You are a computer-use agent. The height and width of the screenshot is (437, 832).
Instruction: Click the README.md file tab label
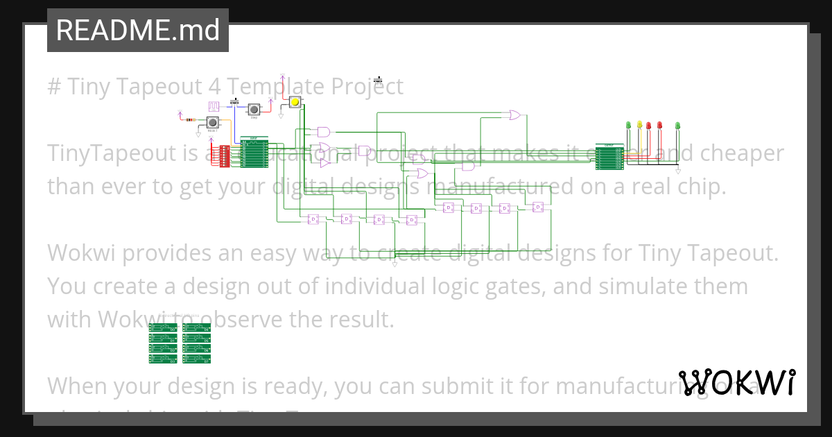[137, 31]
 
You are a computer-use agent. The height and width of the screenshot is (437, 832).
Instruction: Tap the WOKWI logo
[736, 382]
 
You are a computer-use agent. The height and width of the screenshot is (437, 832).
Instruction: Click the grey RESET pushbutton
[212, 122]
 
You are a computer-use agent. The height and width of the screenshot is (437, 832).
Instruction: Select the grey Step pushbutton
[254, 109]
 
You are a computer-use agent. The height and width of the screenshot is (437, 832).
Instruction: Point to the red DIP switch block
[225, 156]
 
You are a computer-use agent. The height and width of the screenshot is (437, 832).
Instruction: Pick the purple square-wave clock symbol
[214, 105]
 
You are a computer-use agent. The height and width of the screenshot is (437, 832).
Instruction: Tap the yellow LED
[639, 126]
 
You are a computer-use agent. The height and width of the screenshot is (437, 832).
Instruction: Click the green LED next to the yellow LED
[629, 126]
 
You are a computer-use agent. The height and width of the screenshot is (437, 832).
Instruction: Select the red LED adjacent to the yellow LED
[649, 126]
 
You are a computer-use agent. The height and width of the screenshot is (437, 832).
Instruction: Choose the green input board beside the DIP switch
[254, 153]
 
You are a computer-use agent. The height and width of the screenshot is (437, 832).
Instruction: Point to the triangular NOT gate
[324, 163]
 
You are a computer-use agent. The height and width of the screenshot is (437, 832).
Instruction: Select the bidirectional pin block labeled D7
[196, 359]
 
